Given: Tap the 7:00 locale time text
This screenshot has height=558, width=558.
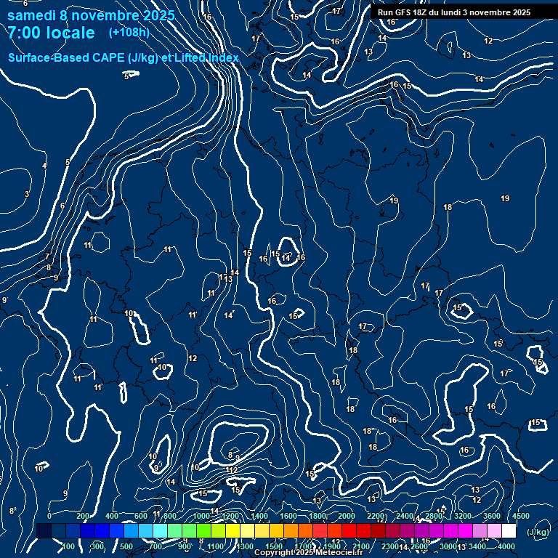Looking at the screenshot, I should point(51,33).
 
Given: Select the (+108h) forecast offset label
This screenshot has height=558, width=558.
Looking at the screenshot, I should point(129,33).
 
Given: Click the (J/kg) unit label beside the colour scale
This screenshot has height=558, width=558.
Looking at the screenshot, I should point(537,532).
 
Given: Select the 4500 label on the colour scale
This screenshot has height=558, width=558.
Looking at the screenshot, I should point(521,516).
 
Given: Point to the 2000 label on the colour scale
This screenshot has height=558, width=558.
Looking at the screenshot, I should point(347,516).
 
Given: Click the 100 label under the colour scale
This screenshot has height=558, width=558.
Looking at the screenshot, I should point(68,546).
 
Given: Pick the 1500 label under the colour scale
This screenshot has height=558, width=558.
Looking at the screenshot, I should point(274,546).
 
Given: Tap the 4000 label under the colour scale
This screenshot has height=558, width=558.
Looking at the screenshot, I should point(506,546).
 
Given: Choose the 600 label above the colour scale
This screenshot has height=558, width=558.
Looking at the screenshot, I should point(141,516).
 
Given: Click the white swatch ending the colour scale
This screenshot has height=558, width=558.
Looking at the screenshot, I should point(509,531).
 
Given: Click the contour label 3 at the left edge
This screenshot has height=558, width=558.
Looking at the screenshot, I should point(27,194).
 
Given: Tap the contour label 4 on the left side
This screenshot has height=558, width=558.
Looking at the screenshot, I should point(44,166).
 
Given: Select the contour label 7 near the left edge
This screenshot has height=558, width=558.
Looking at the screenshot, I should point(47,256).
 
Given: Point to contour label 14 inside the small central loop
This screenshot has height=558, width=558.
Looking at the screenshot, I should point(286,258).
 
